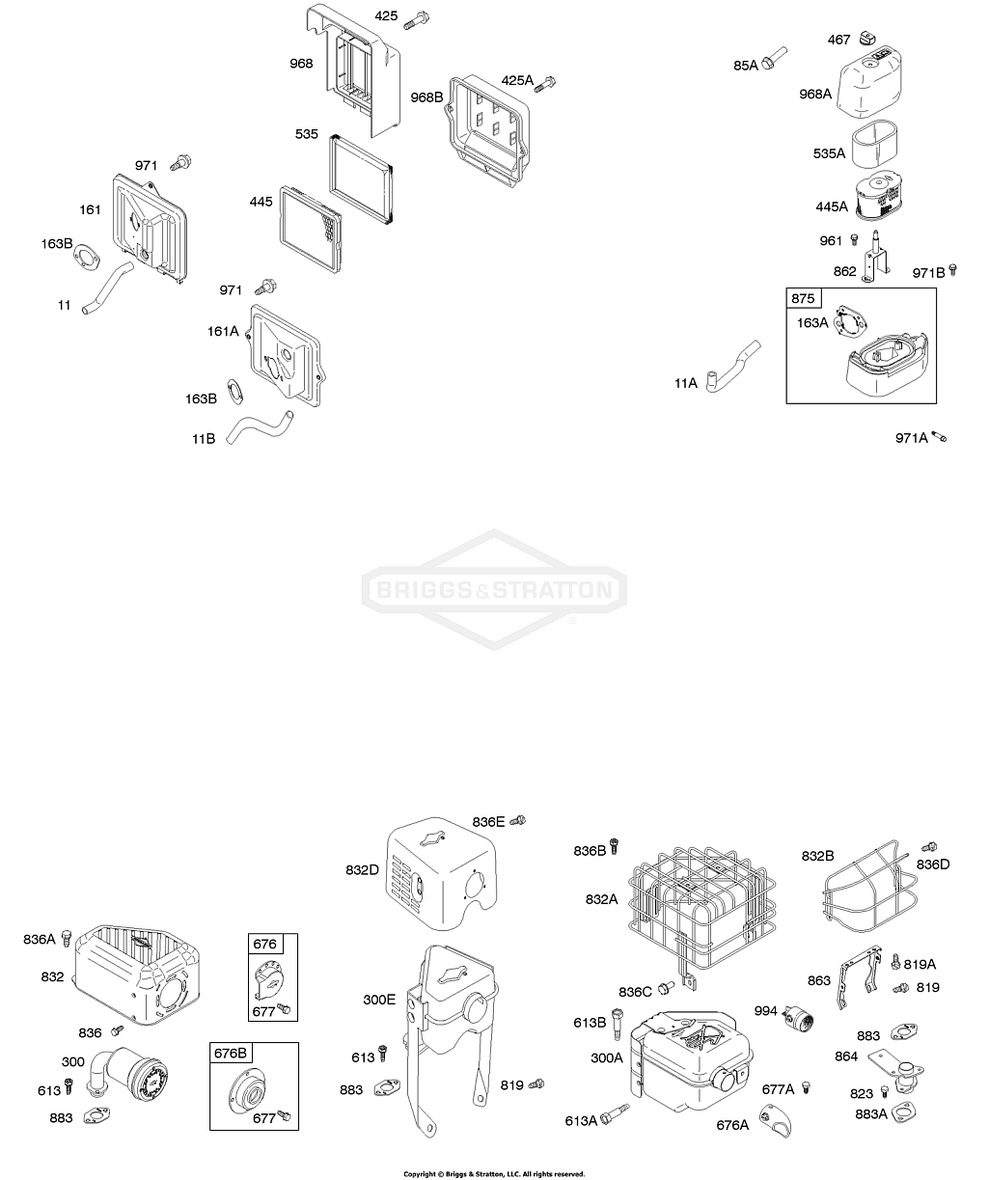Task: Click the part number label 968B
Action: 426,97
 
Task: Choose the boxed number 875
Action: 803,298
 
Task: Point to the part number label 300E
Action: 379,1000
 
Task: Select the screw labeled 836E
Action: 518,820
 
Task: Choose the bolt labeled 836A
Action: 67,937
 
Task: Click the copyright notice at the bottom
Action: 494,1174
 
